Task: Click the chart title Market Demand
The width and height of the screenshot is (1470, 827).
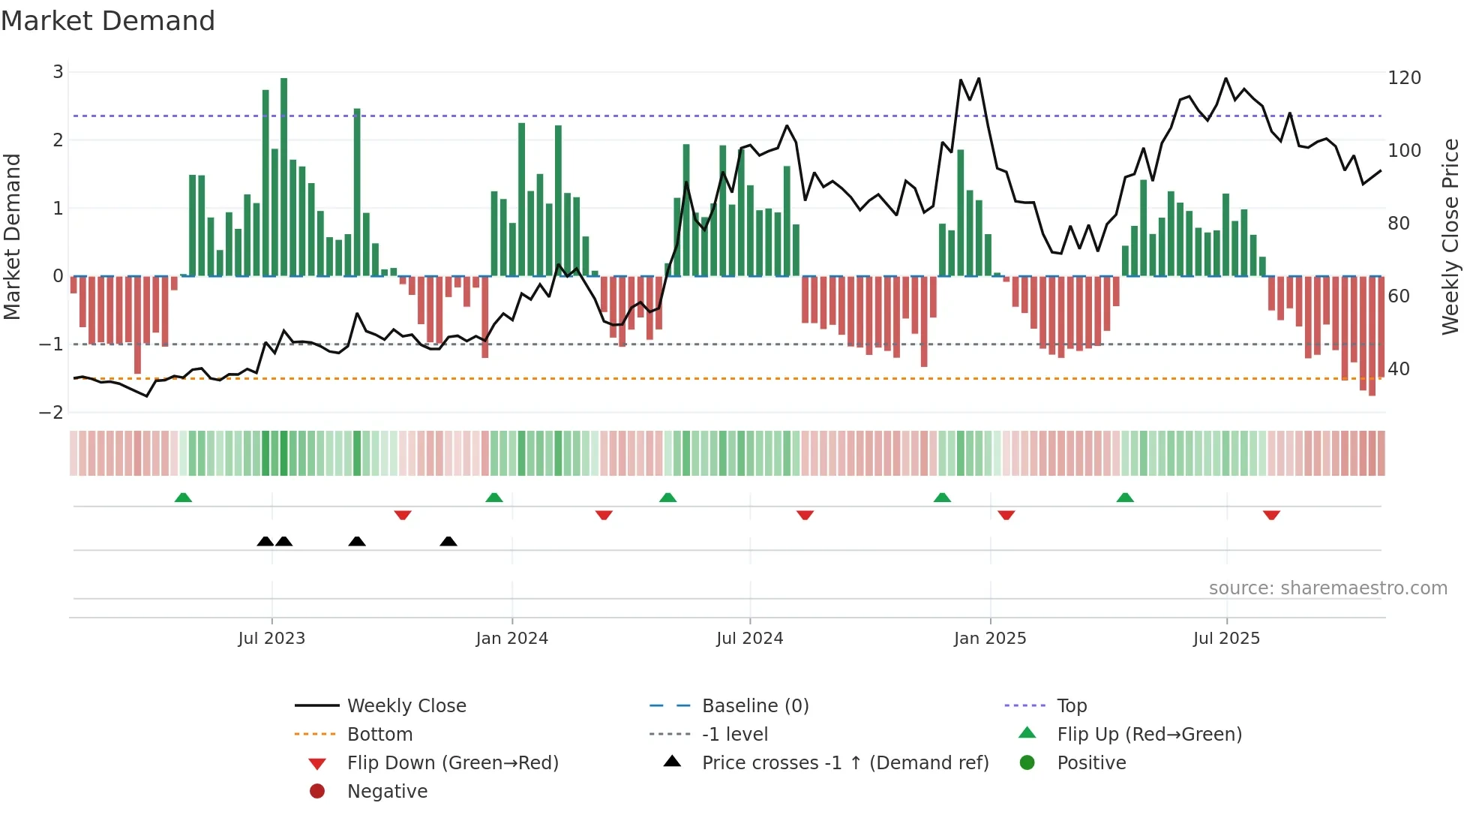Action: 108,21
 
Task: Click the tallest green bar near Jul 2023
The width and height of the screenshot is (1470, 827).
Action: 283,177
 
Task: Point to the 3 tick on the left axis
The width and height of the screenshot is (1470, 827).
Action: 58,72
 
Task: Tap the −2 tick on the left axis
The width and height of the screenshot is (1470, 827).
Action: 52,412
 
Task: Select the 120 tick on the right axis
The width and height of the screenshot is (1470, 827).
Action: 1404,78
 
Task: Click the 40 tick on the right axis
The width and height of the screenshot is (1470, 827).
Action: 1399,369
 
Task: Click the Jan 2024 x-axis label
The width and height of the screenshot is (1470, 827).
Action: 511,639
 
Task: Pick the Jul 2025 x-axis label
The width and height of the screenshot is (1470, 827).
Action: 1226,639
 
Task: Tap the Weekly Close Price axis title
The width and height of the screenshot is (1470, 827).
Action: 1450,236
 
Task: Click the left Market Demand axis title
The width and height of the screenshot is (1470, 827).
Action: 12,236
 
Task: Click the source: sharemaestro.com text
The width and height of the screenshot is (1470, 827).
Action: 1327,588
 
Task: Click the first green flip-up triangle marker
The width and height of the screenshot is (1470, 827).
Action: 183,498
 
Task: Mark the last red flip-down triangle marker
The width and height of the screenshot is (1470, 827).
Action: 1271,515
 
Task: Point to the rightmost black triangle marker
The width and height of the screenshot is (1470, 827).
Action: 448,541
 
